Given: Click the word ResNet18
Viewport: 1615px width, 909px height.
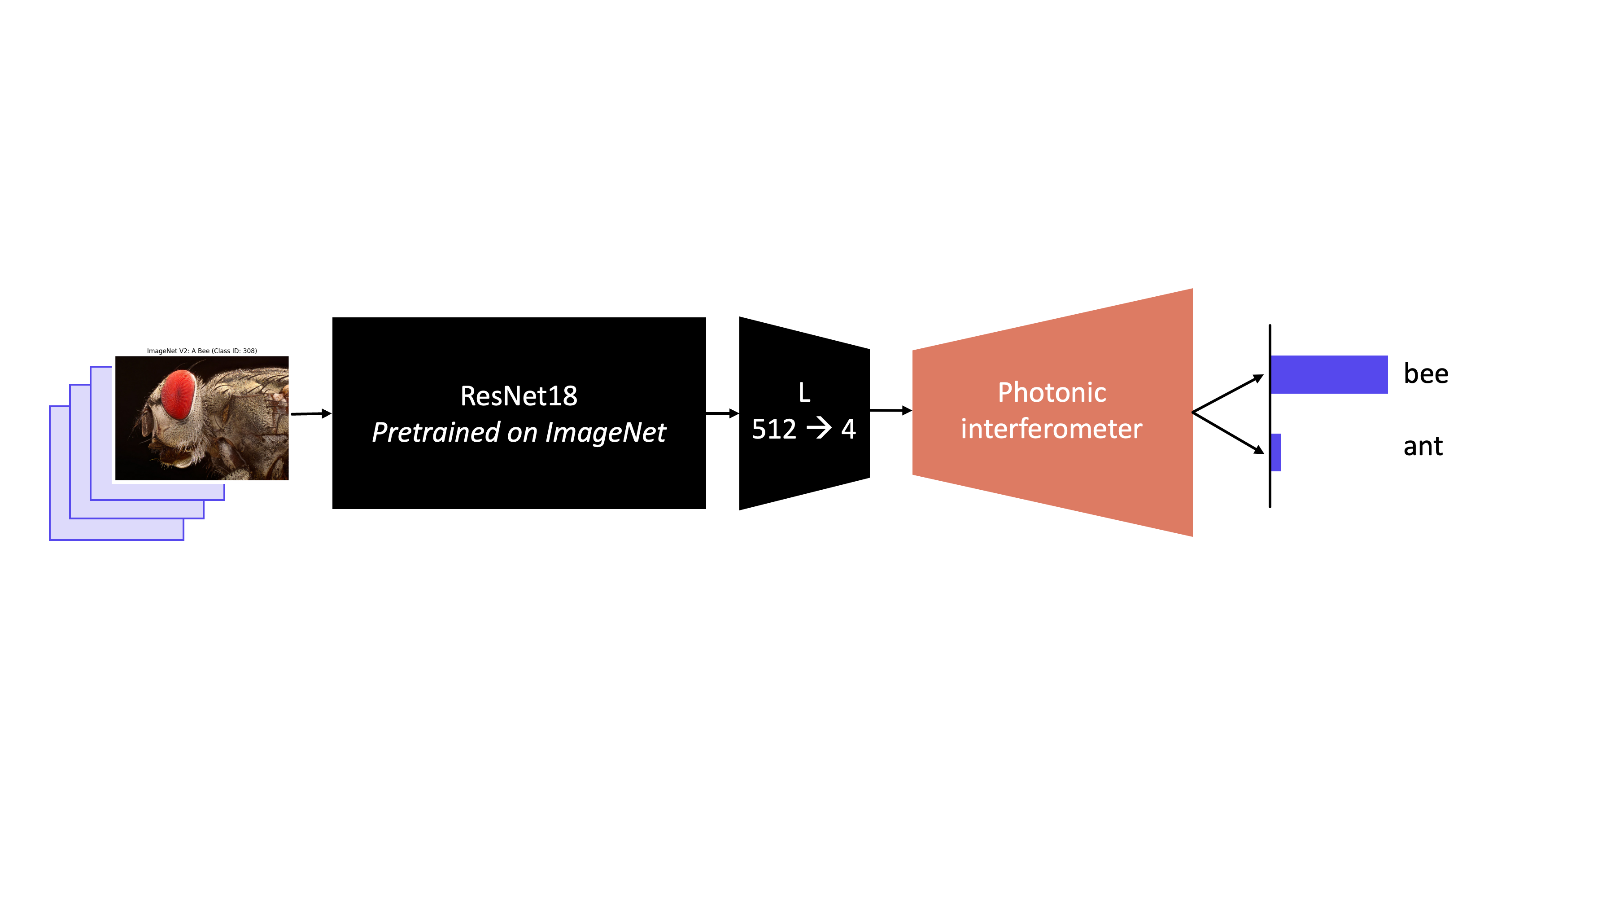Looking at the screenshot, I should [x=519, y=396].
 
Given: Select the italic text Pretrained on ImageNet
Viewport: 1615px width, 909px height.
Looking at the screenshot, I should [x=519, y=432].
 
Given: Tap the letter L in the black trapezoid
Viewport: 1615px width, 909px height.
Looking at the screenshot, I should [x=804, y=393].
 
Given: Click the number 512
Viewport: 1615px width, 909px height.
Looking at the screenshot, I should [x=774, y=430].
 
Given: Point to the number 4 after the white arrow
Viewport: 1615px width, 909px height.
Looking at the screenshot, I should [x=848, y=430].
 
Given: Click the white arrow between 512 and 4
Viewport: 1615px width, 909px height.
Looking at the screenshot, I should [x=819, y=429].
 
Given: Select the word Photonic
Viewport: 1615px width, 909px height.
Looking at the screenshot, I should [x=1052, y=393].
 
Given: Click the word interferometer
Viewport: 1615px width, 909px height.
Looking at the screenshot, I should [x=1052, y=429].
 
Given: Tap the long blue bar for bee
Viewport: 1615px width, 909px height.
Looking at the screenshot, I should [x=1329, y=374].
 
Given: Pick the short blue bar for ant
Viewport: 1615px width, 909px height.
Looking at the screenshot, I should [x=1276, y=452].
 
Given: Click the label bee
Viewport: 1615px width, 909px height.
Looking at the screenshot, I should [x=1426, y=374].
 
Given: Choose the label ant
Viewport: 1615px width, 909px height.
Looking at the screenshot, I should [x=1423, y=447].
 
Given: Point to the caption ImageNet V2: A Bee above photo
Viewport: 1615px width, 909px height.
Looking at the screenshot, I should [x=202, y=351].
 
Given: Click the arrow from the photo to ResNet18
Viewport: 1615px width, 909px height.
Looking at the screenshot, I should [x=311, y=413].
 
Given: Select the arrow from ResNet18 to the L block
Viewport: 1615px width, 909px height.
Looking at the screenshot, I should [x=722, y=413].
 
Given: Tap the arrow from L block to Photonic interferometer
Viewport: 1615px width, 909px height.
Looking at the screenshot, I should [x=890, y=410].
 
